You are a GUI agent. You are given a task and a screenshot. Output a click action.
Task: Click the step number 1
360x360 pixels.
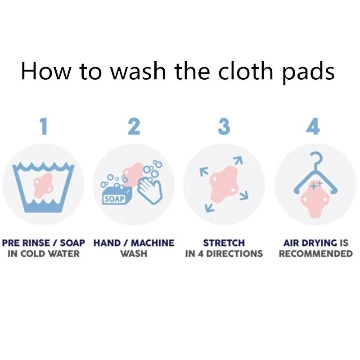point(44,126)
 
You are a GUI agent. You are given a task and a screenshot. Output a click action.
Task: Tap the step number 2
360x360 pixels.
point(134,126)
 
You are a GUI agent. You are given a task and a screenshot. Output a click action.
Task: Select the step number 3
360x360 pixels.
point(224,126)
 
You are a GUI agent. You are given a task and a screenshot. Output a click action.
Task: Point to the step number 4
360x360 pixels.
point(313,126)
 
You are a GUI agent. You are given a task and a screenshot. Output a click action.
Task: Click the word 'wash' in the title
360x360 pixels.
point(138,71)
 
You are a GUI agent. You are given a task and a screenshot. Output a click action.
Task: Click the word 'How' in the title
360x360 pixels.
point(45,71)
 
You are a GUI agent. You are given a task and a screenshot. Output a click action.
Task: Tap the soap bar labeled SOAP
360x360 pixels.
point(117,195)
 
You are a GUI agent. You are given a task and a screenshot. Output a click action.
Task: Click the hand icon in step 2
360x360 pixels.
point(150,190)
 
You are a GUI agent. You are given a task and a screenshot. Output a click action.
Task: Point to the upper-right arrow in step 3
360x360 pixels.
point(238,160)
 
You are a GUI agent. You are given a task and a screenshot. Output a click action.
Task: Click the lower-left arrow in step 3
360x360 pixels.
point(210,208)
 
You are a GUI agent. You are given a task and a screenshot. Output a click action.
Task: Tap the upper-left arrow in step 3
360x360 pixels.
point(204,172)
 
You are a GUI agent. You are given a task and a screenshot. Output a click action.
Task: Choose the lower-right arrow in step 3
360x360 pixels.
point(244,195)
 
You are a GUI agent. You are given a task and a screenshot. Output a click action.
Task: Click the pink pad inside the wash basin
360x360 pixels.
point(44,185)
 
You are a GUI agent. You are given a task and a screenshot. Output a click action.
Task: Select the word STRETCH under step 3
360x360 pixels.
point(224,243)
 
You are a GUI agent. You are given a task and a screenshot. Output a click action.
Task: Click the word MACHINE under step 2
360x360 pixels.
point(153,243)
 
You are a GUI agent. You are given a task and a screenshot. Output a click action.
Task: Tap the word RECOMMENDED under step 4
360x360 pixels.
point(316,254)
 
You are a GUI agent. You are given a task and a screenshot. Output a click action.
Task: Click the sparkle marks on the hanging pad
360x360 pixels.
point(316,184)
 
